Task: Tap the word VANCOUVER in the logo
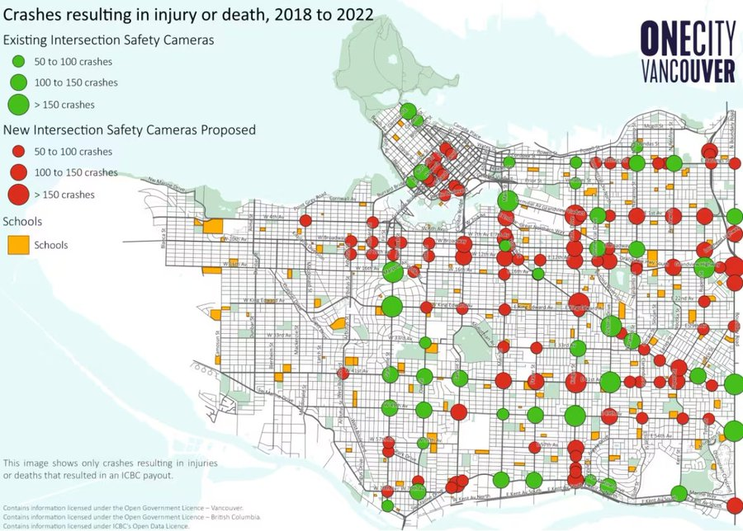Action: point(688,72)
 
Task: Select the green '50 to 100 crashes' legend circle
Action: point(17,61)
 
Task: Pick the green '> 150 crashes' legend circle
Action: point(17,105)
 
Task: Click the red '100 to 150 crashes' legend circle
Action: point(17,173)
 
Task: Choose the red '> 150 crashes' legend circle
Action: point(17,195)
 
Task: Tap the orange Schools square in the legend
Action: point(17,245)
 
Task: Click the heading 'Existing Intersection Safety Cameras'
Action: point(108,40)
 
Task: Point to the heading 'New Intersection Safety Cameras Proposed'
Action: point(130,130)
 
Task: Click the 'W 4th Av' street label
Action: point(273,217)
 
